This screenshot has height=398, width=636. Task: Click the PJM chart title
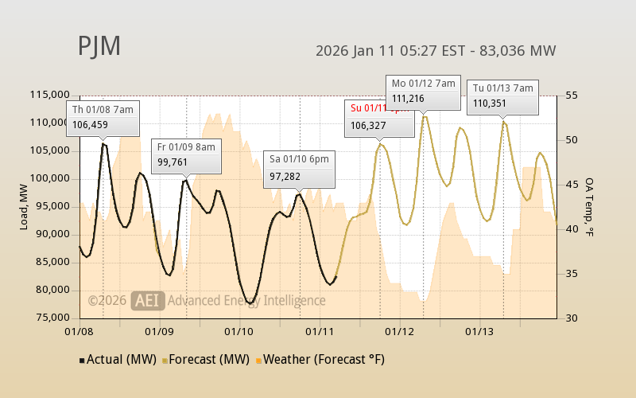coord(99,46)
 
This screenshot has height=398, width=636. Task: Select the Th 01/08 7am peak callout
coord(103,117)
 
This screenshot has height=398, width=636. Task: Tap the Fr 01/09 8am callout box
coord(186,155)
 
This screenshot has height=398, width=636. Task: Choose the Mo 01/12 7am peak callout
coord(423,91)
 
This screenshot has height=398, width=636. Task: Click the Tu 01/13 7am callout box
coord(503,96)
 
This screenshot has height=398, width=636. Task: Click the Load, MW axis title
coord(25,206)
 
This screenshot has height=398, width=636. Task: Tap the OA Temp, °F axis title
coord(589,206)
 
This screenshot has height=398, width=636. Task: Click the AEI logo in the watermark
coord(148,300)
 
